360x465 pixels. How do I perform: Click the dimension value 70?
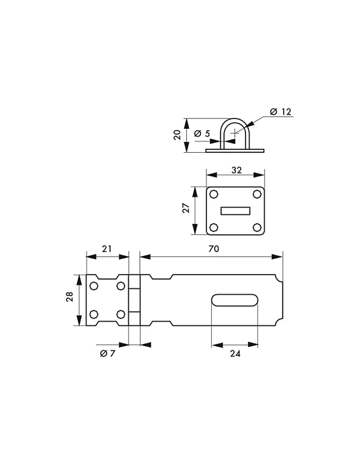point(214,249)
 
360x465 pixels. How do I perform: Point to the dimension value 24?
point(235,354)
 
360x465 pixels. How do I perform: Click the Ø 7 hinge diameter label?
point(107,354)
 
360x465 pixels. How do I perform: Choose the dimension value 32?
point(237,170)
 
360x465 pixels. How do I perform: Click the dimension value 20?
point(177,135)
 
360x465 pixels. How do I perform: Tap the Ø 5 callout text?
point(202,134)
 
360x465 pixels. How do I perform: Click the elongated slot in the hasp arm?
point(235,300)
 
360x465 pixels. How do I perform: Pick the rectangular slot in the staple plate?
point(235,211)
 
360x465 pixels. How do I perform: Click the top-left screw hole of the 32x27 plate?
point(214,194)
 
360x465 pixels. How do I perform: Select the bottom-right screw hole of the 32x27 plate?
point(257,228)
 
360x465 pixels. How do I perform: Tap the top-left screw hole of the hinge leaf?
point(93,286)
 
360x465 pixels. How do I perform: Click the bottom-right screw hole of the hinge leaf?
point(121,314)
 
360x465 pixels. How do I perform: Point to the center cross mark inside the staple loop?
point(234,133)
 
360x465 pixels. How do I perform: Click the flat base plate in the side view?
point(235,151)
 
